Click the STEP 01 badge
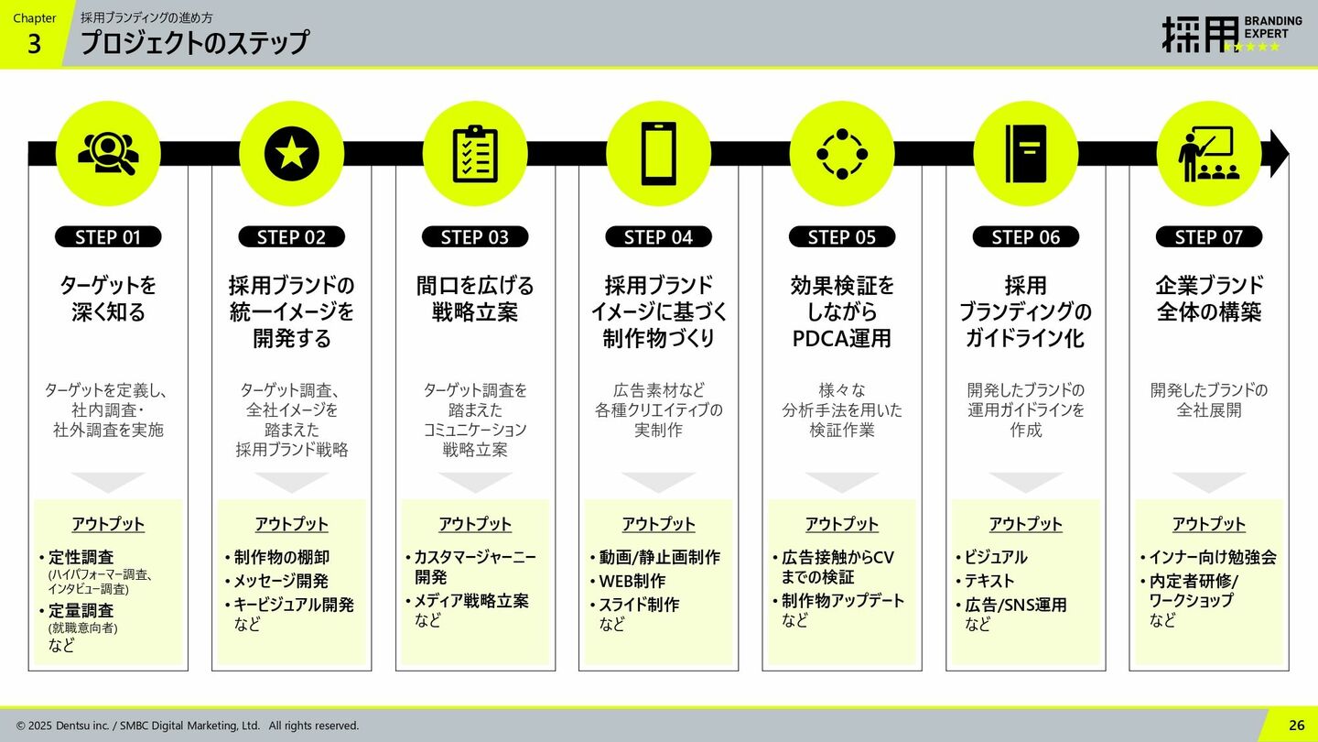108,237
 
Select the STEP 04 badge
658,237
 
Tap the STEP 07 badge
1209,237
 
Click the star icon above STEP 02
292,153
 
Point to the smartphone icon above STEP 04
658,153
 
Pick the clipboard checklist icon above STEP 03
475,153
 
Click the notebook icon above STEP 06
1025,153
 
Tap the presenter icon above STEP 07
1209,153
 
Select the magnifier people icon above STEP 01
108,153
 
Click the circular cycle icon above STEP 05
842,153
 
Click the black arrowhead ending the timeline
1279,153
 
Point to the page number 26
1297,725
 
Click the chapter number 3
34,44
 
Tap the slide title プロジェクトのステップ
195,42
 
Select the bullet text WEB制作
632,581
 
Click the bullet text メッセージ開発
281,581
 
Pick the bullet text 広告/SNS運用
1016,605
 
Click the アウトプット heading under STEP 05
842,524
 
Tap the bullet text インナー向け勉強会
1212,557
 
